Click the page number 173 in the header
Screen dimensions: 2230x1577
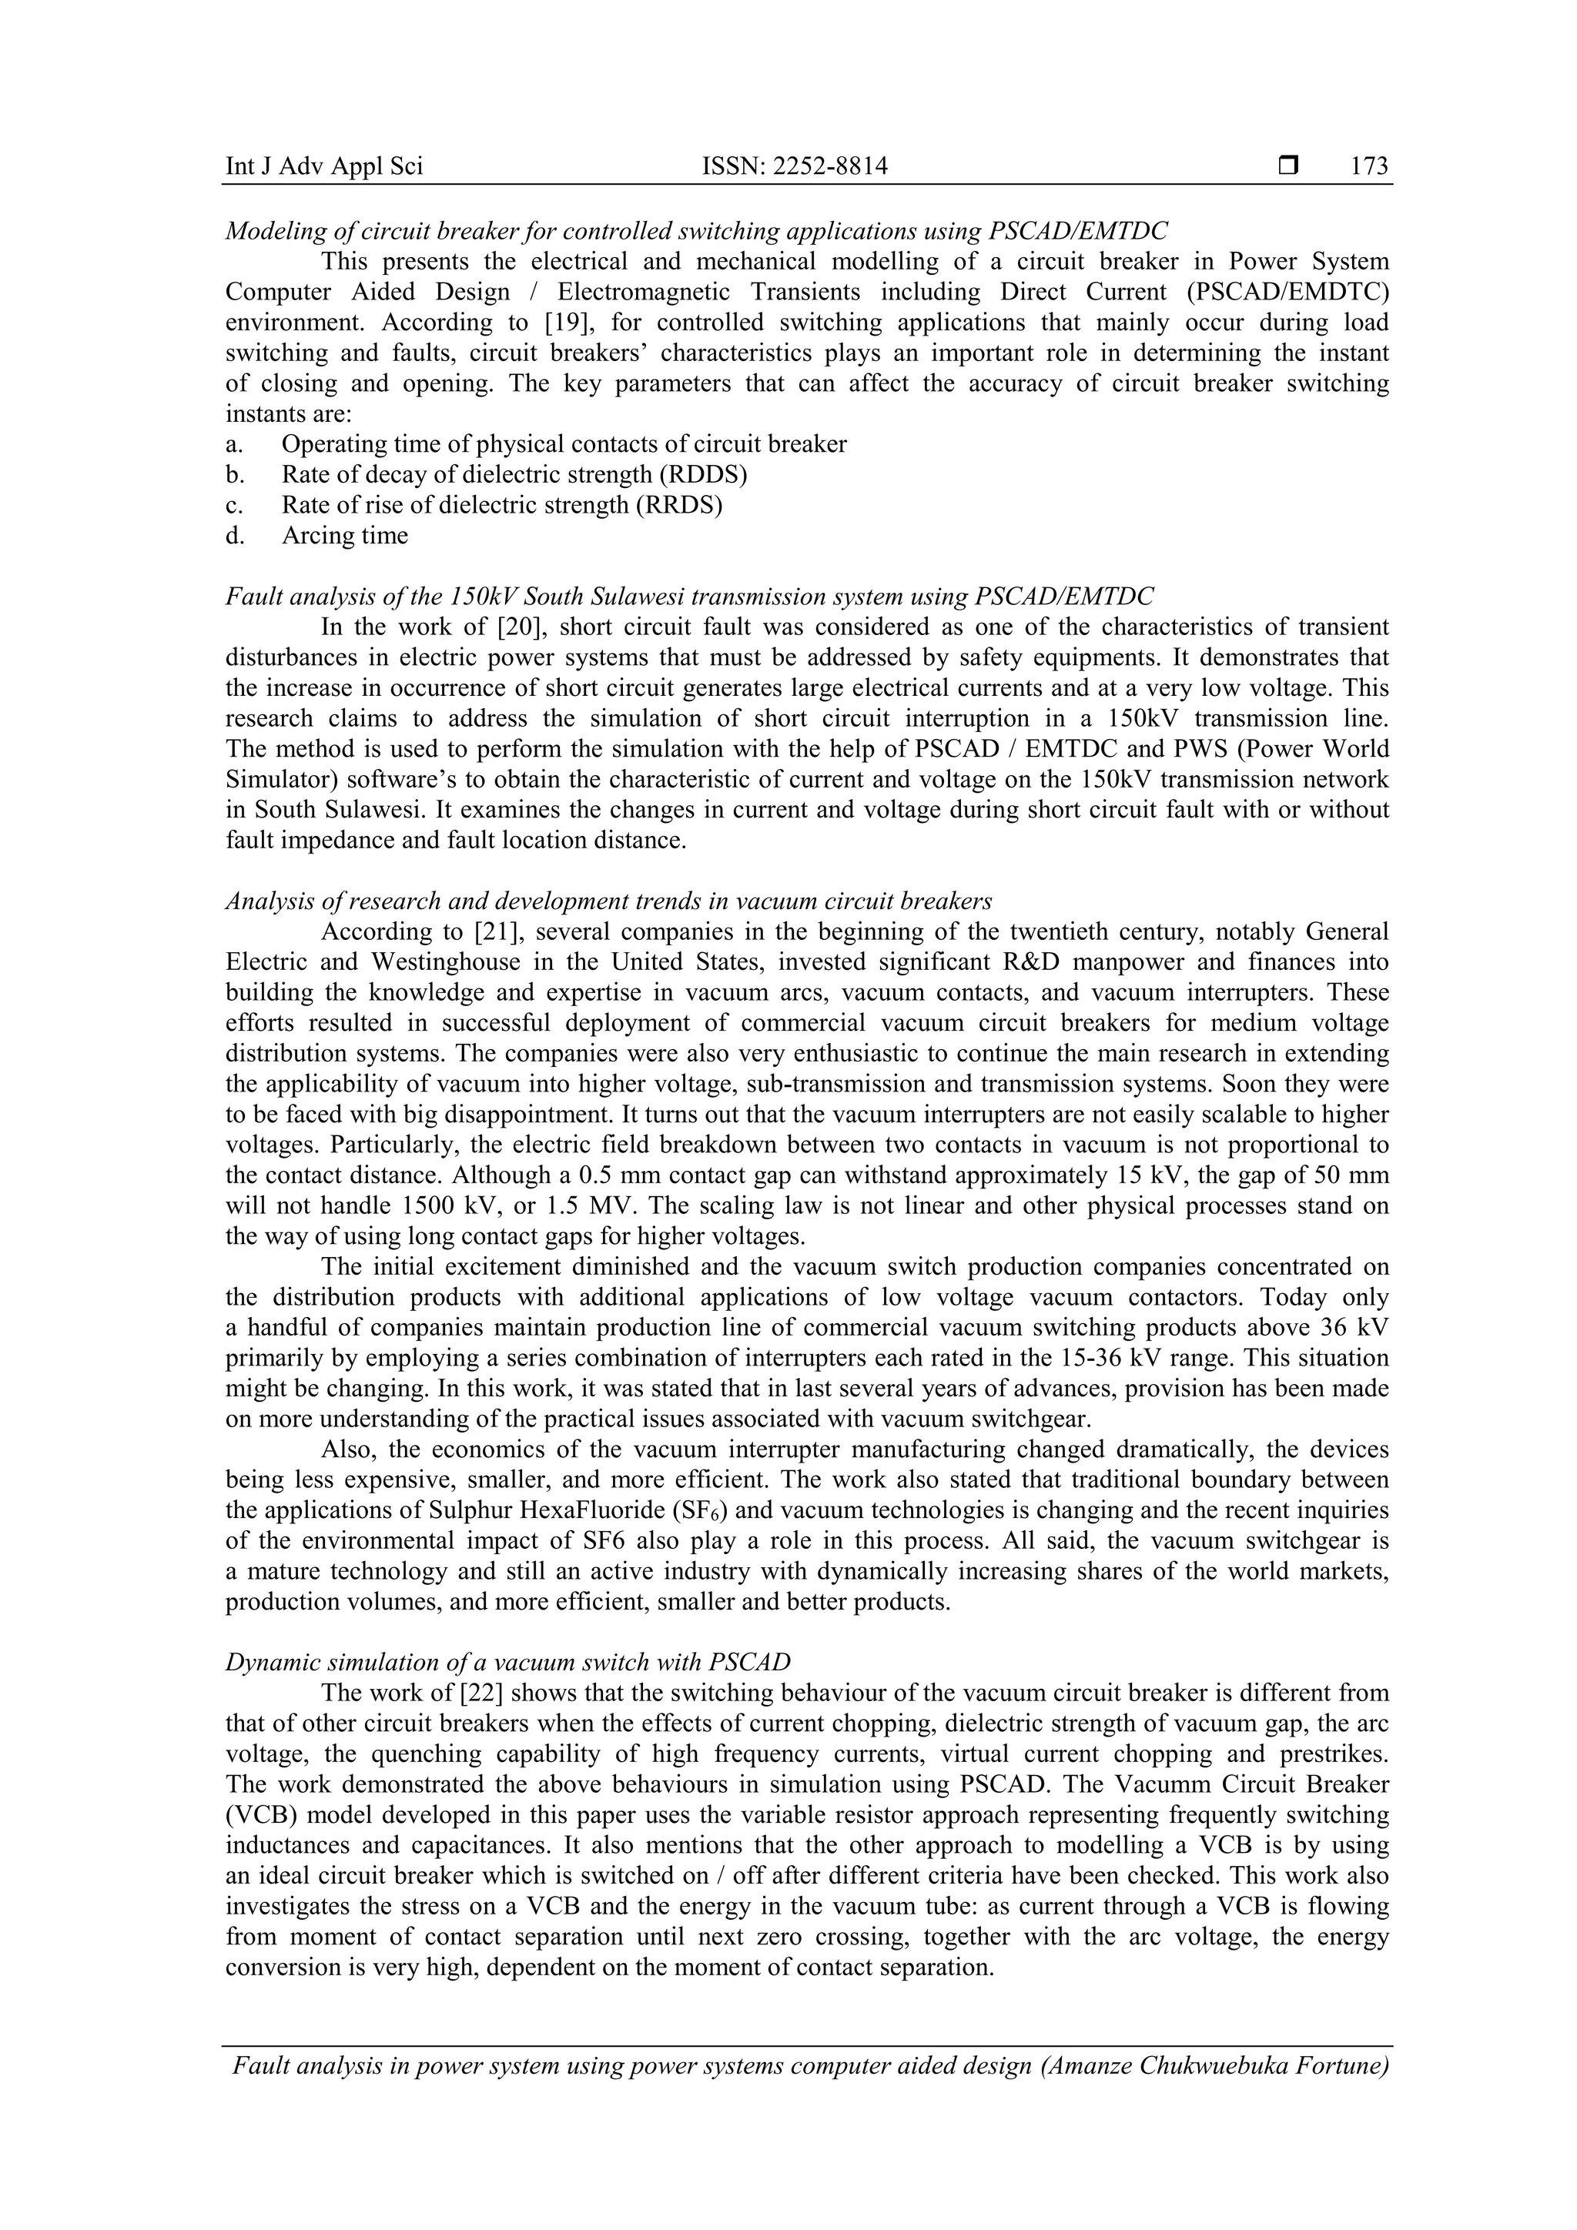[1369, 167]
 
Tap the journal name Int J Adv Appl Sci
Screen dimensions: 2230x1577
[323, 167]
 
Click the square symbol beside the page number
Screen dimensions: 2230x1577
[1288, 167]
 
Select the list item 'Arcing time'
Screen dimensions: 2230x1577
[345, 536]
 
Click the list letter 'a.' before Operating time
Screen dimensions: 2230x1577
[234, 445]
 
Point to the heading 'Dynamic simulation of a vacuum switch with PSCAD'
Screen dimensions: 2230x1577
[508, 1662]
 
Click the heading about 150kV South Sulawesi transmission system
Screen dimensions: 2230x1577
[690, 597]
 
